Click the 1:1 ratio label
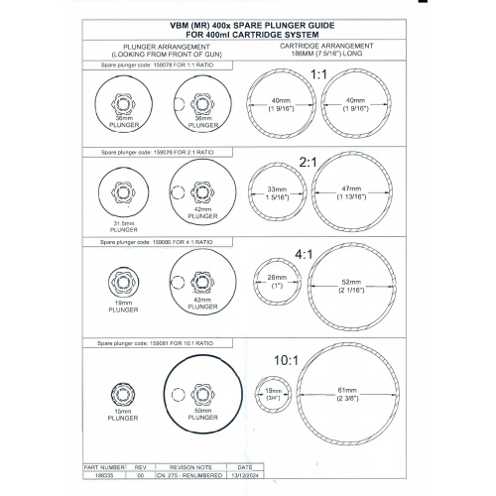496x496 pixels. point(318,74)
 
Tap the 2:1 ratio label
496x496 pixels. point(308,163)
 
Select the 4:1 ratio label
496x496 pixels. point(304,255)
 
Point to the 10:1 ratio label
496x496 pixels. point(286,360)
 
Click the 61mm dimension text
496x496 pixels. point(347,390)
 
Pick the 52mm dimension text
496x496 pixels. point(351,282)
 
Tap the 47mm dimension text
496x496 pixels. point(351,188)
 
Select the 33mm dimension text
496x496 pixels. point(277,189)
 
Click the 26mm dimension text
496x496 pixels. point(277,277)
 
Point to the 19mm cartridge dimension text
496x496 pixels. point(274,391)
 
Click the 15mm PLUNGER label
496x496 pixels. point(123,415)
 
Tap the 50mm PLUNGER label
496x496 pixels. point(203,414)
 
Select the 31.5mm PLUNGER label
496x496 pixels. point(124,226)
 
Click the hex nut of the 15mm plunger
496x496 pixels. point(123,394)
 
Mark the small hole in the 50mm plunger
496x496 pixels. point(179,395)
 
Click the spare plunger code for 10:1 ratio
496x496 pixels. point(155,343)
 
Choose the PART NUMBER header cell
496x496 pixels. point(104,467)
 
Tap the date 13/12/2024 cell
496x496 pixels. point(245,475)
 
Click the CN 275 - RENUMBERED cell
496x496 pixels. point(190,475)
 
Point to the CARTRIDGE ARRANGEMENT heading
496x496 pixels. point(326,46)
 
